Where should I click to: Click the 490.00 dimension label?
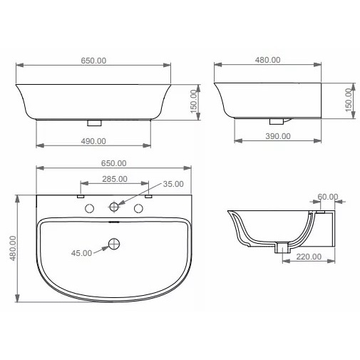point(93,141)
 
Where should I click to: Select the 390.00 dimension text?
point(278,136)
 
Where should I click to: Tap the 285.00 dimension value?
point(115,179)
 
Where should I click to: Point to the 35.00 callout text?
point(173,184)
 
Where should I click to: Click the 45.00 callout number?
point(81,253)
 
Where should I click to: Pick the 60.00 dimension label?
point(328,197)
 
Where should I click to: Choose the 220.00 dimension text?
point(309,257)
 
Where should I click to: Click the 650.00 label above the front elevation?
point(93,61)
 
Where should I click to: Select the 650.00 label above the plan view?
point(113,163)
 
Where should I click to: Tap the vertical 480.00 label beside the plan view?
point(13,248)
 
